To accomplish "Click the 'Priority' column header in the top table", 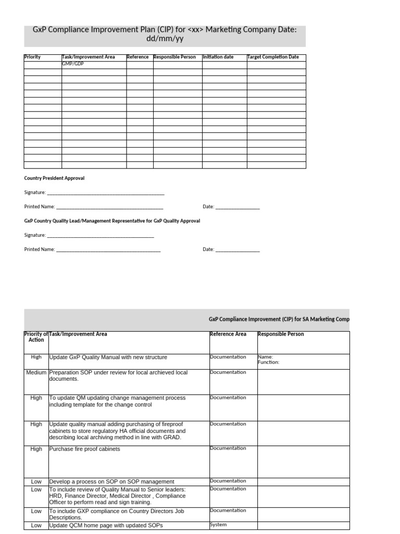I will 32,57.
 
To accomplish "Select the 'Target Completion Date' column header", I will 273,57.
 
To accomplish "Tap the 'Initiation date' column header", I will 218,57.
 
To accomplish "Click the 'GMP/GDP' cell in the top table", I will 73,64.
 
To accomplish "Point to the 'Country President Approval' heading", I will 54,178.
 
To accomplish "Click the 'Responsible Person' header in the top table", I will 174,57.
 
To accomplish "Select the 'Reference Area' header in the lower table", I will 228,334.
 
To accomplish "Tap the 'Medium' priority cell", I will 36,373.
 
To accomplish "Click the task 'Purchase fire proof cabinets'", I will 84,449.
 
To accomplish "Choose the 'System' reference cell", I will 218,525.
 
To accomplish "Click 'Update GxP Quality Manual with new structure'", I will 108,358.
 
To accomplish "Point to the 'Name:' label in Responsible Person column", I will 265,357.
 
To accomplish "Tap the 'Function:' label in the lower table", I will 269,362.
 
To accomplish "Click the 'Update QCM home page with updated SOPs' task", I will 106,525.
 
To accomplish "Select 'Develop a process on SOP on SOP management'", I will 111,481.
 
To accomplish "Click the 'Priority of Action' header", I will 36,337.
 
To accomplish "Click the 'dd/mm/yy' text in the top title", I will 165,39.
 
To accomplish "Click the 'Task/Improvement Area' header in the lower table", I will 78,334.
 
